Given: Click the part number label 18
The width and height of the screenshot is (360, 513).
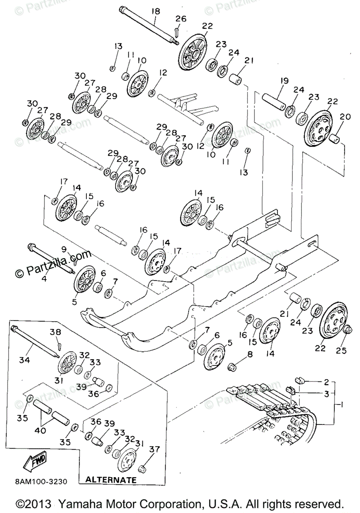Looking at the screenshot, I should click(x=155, y=11).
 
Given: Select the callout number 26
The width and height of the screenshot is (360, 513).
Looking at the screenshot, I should click(x=181, y=19).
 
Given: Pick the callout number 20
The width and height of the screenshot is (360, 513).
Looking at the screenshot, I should click(x=345, y=117).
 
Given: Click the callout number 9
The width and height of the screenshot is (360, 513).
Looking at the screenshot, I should click(x=64, y=249).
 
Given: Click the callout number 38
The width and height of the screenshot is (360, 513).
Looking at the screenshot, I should click(x=56, y=332).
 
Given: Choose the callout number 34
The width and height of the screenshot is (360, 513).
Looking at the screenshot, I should click(x=25, y=360).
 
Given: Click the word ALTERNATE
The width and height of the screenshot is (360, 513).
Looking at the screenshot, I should click(x=111, y=480).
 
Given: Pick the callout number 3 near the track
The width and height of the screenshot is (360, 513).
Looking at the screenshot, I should click(x=327, y=394).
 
